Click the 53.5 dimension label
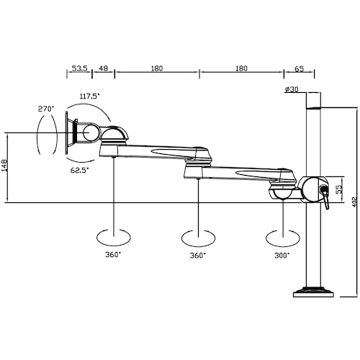pyautogui.click(x=80, y=68)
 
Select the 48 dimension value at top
pyautogui.click(x=104, y=68)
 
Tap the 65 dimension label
pyautogui.click(x=299, y=69)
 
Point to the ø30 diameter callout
pyautogui.click(x=292, y=89)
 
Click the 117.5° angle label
pyautogui.click(x=89, y=96)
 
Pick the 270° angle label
pyautogui.click(x=46, y=109)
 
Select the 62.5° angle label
pyautogui.click(x=79, y=170)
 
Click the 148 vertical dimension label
pyautogui.click(x=4, y=165)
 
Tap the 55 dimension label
pyautogui.click(x=338, y=189)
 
